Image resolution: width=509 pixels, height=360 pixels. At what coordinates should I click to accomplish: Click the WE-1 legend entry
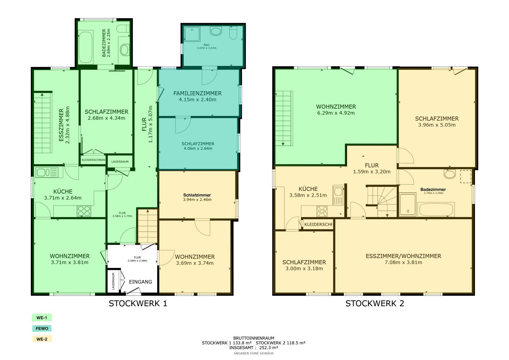click(x=42, y=318)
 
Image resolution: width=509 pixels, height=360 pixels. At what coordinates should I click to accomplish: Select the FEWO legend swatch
click(x=42, y=328)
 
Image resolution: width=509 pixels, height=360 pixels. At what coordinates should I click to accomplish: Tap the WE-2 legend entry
click(x=42, y=339)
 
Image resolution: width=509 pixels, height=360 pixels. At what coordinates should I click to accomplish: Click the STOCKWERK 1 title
click(x=138, y=304)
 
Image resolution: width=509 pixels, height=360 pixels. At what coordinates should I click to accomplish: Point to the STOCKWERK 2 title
click(x=375, y=304)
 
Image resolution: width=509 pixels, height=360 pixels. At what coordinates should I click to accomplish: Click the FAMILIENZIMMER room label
click(x=198, y=93)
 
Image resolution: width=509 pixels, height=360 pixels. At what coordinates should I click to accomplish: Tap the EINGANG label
click(x=141, y=282)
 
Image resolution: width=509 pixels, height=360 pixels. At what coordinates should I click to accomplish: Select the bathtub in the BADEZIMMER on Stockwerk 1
click(x=86, y=47)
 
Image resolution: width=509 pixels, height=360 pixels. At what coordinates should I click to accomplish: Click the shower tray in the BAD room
click(x=192, y=34)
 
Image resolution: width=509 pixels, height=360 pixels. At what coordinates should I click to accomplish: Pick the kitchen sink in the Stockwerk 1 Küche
click(x=47, y=173)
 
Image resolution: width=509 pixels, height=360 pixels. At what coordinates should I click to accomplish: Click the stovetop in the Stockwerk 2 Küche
click(x=322, y=211)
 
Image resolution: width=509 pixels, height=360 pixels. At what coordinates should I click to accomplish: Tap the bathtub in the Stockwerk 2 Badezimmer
click(x=436, y=209)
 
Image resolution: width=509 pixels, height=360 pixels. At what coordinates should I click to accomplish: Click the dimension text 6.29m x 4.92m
click(x=336, y=113)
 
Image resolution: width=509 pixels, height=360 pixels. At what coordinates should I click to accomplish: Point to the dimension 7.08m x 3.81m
click(x=403, y=262)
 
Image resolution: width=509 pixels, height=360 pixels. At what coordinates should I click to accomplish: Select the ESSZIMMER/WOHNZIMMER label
click(x=403, y=256)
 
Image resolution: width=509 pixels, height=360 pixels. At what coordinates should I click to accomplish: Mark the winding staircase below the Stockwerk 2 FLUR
click(x=381, y=201)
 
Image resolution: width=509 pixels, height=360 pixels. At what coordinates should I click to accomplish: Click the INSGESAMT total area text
click(x=254, y=348)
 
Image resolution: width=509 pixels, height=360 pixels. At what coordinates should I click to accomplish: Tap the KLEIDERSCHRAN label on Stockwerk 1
click(x=93, y=160)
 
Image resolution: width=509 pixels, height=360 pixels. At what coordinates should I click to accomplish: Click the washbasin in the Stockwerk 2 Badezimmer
click(x=450, y=174)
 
